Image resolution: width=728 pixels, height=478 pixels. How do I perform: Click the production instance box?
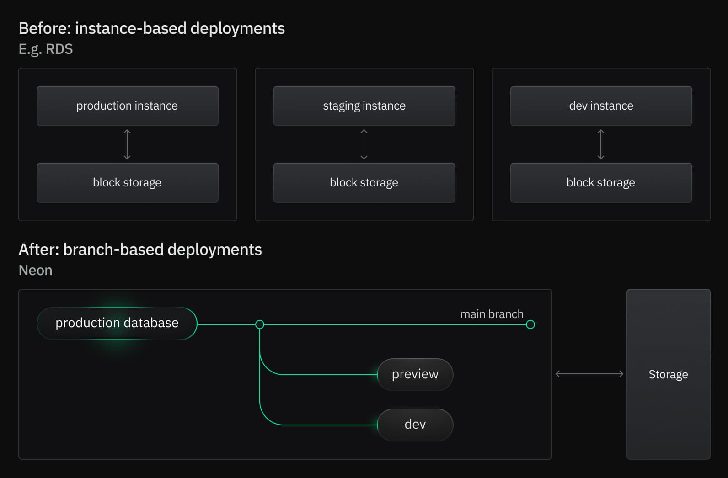point(127,106)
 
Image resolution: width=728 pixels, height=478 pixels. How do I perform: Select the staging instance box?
point(364,106)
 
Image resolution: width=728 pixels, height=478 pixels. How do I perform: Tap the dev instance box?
point(601,106)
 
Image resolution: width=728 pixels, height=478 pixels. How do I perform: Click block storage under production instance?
point(127,182)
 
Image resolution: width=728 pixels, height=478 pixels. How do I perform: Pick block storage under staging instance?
point(364,182)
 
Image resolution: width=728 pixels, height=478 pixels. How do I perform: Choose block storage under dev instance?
point(601,182)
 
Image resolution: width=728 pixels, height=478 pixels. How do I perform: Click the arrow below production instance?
point(127,144)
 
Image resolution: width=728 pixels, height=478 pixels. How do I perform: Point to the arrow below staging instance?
point(364,144)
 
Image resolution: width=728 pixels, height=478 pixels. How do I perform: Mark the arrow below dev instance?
point(601,144)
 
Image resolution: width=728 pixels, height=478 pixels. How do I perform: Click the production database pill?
point(117,323)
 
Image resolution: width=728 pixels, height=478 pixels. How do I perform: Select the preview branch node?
point(415,374)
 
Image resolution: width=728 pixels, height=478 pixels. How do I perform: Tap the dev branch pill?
point(415,425)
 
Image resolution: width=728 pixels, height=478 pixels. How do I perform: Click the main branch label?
point(492,314)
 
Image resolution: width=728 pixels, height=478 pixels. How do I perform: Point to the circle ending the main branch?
point(530,324)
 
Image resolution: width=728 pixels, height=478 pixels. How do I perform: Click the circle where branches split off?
point(260,324)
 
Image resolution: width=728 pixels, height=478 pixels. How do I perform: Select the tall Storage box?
point(668,374)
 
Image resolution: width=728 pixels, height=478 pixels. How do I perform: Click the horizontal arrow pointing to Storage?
point(589,374)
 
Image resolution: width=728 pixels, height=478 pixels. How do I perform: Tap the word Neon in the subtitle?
point(35,271)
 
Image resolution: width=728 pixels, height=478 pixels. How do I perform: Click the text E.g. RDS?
point(46,49)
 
